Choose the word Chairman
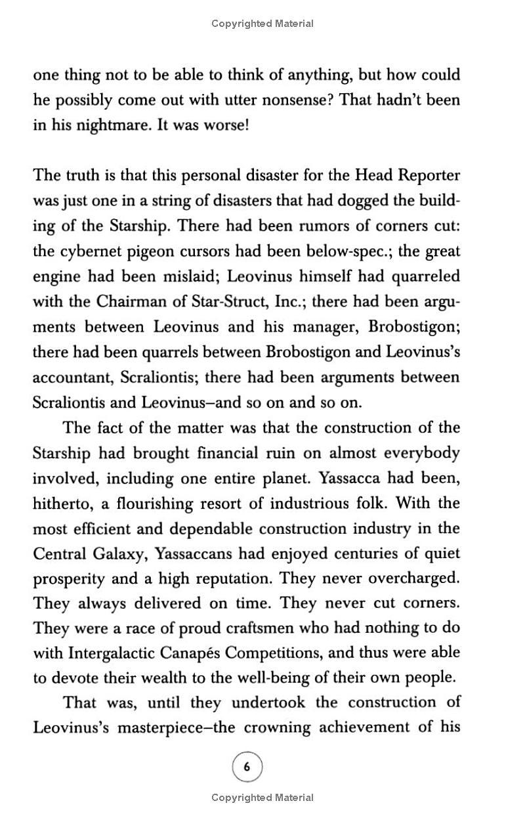tap(131, 301)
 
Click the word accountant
tap(73, 378)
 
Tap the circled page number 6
tap(247, 766)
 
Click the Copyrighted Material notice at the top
tap(262, 24)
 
